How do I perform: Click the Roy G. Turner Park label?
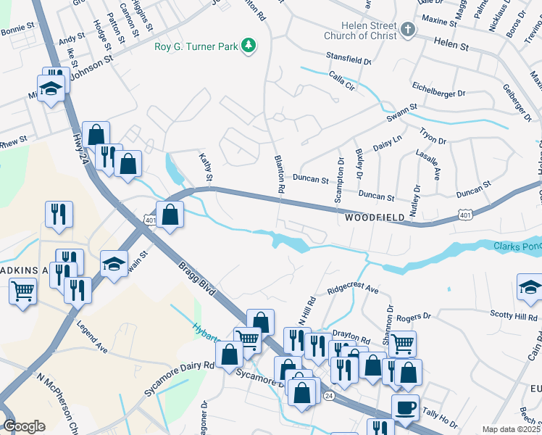pos(196,47)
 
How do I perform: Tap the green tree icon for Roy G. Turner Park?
pos(249,46)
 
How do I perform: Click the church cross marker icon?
pos(409,30)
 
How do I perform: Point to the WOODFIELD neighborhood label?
pos(372,217)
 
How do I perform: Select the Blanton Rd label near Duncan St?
pos(279,173)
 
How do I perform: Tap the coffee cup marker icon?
pos(405,407)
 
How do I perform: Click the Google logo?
pos(24,426)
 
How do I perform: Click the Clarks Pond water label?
pos(517,246)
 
